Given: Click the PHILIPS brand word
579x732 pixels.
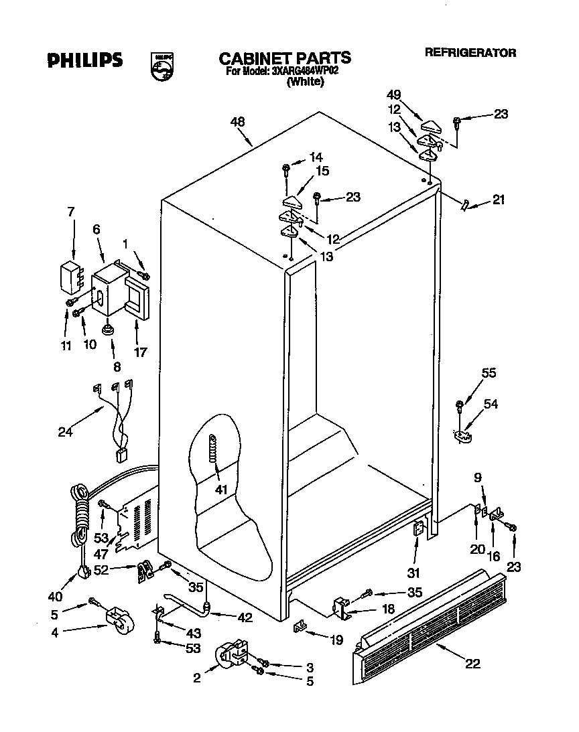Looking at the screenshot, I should tap(84, 60).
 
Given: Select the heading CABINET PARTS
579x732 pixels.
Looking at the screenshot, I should tap(284, 58).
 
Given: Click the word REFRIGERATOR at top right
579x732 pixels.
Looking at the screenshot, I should tap(470, 53).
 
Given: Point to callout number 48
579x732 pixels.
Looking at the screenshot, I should tap(237, 122).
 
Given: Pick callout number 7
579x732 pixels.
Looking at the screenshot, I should tap(71, 212).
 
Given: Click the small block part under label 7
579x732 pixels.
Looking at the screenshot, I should tap(68, 277).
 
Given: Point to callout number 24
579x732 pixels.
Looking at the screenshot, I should tap(64, 432).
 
